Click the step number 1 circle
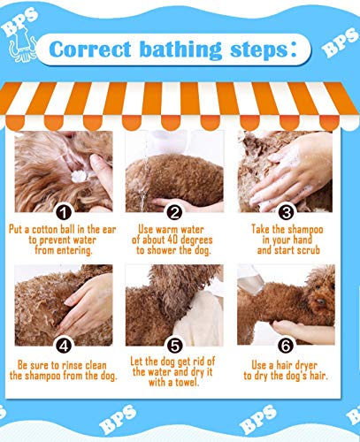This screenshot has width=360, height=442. pos(64,212)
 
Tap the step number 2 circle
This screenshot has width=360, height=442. pos(174,212)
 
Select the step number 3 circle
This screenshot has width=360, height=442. pos(286,212)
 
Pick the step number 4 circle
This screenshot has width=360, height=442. pos(64,346)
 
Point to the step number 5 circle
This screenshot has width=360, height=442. pos(174,346)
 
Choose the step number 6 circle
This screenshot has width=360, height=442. pos(286,346)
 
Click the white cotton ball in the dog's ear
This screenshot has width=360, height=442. pos(80,176)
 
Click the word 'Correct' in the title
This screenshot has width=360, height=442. pos(90,50)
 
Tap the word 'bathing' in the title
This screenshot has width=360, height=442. pos(180,50)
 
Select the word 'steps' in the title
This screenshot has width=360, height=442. pos(259,50)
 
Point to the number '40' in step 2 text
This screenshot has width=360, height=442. pos(172,240)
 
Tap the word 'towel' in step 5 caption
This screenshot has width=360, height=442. pos(186,383)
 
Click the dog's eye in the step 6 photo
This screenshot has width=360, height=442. pos(321,301)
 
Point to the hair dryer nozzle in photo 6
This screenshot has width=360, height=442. pos(251,280)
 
